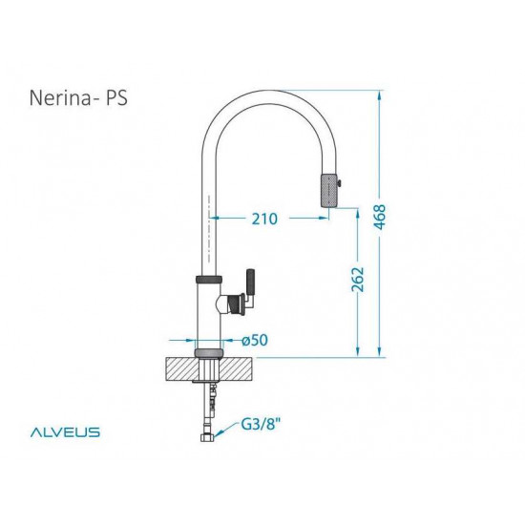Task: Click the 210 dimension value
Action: (265, 219)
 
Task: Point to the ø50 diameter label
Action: (253, 340)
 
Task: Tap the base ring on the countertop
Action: (208, 354)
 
